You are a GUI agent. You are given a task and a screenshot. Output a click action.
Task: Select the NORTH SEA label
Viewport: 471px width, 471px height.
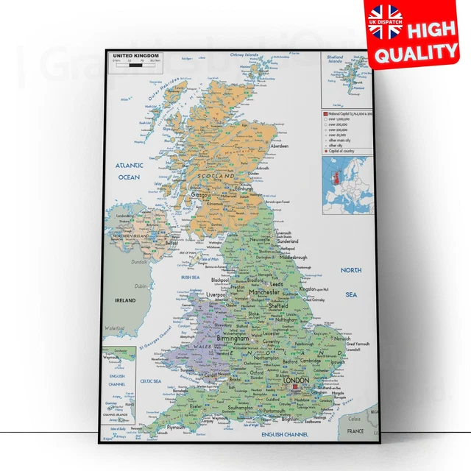point(351,282)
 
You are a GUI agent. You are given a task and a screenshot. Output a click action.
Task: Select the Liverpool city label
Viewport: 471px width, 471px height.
point(216,294)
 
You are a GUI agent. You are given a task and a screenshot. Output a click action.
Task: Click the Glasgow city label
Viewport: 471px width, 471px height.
point(201,194)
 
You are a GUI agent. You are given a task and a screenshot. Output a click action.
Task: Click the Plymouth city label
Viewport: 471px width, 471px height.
point(176,427)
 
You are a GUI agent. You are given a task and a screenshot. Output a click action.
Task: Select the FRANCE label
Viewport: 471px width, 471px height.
point(356,430)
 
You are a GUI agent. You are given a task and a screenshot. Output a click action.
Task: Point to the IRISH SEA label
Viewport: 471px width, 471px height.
point(191,277)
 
